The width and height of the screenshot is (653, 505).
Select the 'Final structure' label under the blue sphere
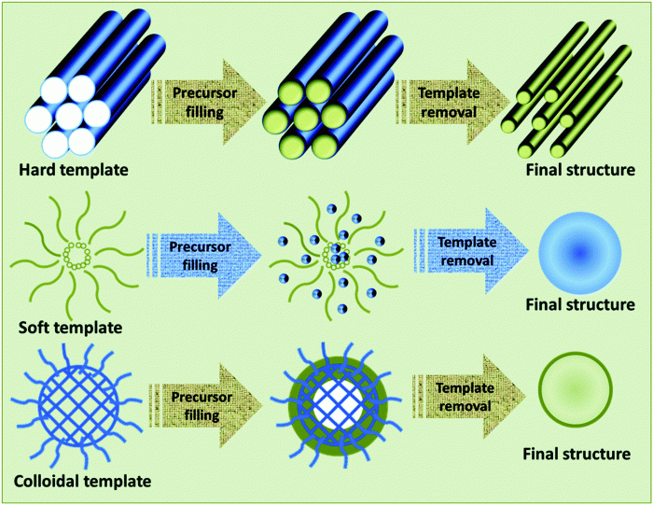tap(579, 304)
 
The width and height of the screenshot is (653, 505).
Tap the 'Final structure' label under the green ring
tap(579, 455)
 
